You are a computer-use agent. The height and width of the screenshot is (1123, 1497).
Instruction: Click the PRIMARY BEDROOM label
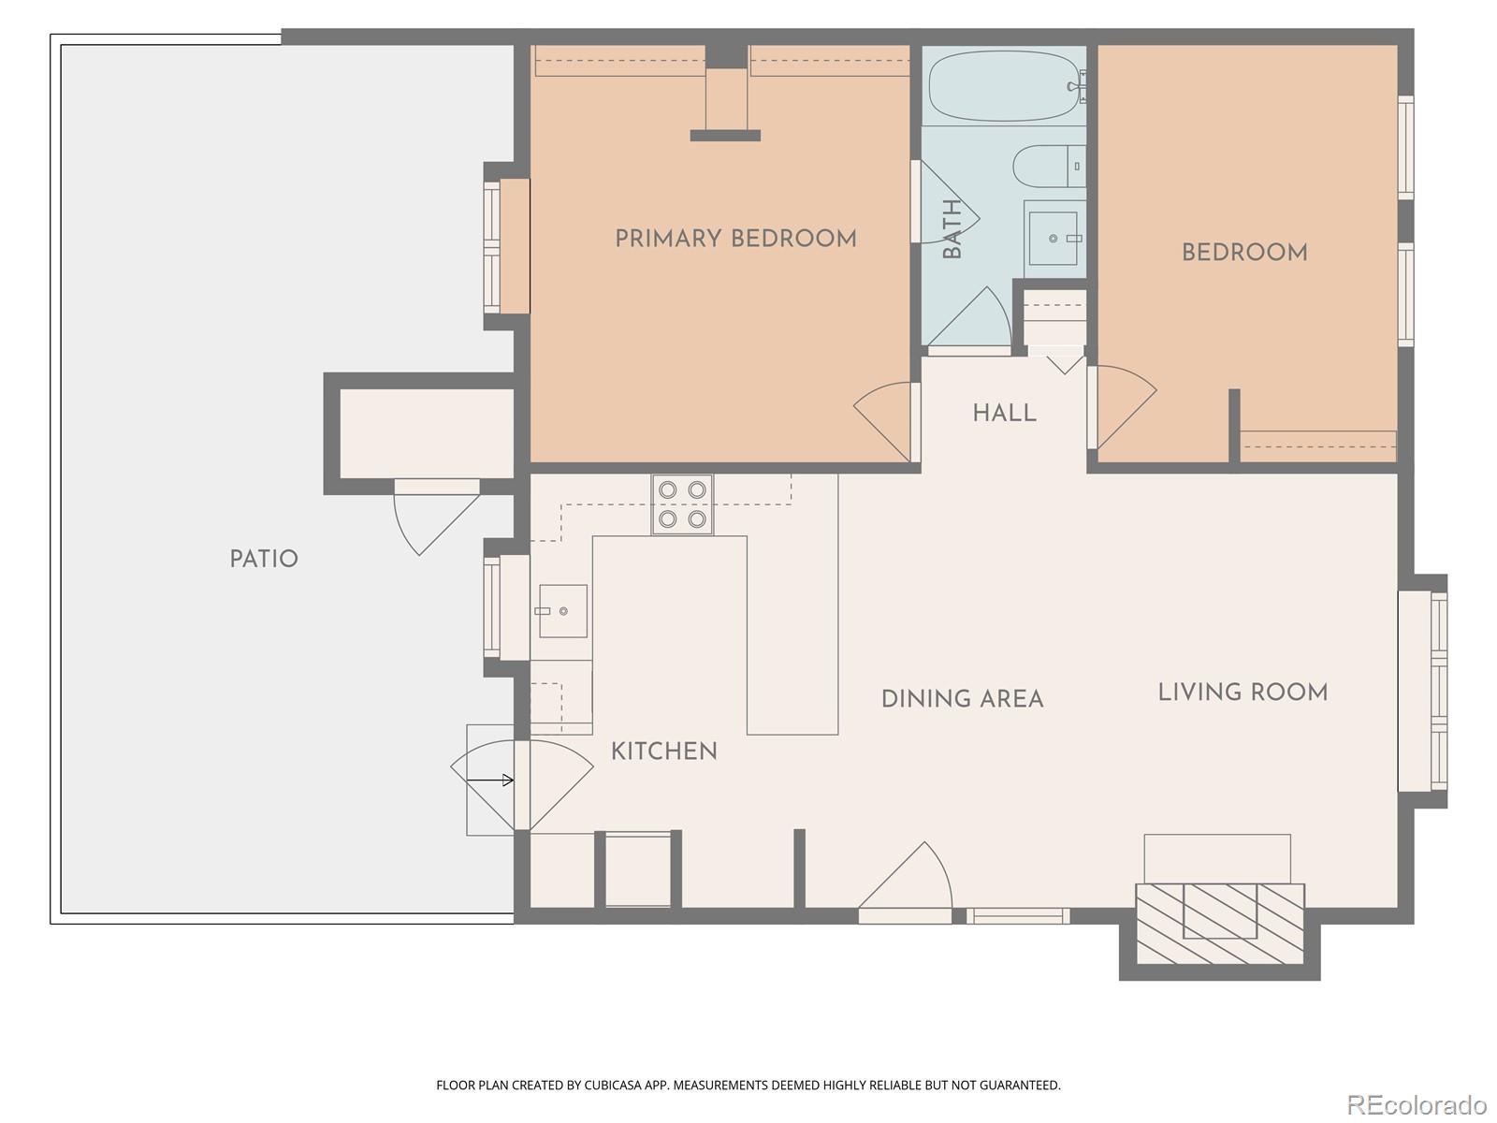point(735,239)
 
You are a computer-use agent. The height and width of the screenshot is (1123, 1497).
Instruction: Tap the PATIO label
point(264,559)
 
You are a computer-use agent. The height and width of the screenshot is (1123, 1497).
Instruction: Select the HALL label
point(1005,414)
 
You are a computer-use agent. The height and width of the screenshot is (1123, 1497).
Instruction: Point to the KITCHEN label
point(663,751)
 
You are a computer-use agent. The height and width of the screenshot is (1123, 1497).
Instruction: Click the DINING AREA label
point(963,699)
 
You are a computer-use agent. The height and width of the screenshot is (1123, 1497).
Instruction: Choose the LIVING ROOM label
point(1243,693)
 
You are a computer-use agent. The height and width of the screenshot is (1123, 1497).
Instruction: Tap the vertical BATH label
point(952,228)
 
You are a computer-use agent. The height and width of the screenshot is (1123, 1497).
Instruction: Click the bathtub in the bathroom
point(1005,87)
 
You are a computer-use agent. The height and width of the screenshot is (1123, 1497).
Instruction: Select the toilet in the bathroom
point(1049,166)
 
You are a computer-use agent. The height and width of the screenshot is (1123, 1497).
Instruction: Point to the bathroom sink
point(1054,238)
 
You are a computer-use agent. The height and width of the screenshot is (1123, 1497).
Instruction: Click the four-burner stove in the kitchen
point(682,504)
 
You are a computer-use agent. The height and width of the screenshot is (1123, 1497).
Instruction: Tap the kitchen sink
point(563,611)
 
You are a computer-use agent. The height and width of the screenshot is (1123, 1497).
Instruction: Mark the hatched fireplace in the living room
point(1219,924)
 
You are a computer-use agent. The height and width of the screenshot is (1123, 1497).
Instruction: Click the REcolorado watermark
point(1417,1103)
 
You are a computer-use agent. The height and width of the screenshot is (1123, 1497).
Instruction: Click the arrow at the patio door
point(489,780)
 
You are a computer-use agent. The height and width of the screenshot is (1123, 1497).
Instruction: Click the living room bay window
point(1423,692)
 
